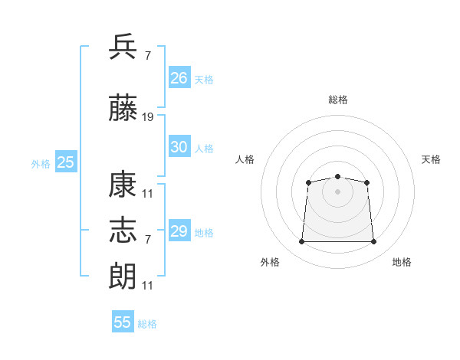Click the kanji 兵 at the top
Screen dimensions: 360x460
coord(123,47)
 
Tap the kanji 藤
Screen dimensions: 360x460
coord(123,109)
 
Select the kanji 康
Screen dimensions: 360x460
coord(123,186)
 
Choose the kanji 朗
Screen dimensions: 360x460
coord(123,275)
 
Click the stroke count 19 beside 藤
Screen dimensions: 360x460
coord(148,117)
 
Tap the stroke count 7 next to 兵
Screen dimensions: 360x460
coord(147,56)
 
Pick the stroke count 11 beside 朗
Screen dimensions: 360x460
coord(148,285)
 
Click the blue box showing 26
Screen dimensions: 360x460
coord(179,78)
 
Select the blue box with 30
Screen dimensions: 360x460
coord(179,147)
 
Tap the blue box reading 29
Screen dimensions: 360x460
coord(179,231)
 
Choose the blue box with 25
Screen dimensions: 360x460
coord(65,162)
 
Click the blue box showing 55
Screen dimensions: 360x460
coord(123,322)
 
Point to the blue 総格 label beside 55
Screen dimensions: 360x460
coord(147,324)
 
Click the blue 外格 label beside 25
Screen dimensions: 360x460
coord(41,164)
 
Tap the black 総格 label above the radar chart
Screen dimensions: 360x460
coord(338,100)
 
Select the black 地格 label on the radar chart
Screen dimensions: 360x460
coord(402,262)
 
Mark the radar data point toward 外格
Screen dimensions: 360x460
coord(301,242)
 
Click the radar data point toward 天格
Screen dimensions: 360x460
coord(366,182)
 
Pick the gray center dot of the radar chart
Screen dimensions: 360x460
coord(337,191)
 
